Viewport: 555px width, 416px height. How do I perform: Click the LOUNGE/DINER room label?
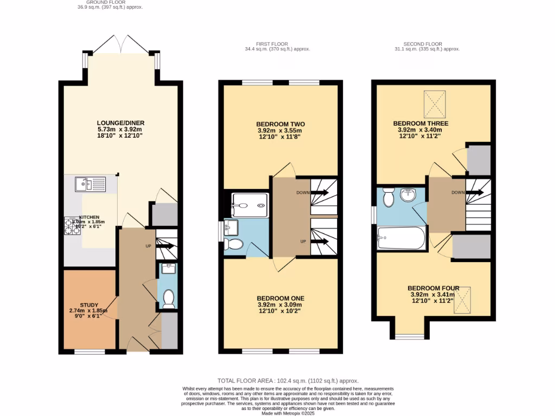[x=121, y=123]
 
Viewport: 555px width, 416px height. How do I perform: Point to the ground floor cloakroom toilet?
[x=169, y=298]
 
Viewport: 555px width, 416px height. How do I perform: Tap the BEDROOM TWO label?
[x=281, y=123]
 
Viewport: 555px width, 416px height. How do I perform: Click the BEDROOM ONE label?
[x=280, y=298]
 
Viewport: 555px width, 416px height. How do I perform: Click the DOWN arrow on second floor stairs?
[x=475, y=192]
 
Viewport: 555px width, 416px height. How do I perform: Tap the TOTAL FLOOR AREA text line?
[x=288, y=381]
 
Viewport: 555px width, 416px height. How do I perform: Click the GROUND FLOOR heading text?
[x=109, y=2]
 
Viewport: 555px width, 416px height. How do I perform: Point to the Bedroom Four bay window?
[x=410, y=336]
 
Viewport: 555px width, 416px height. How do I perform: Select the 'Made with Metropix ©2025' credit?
[x=288, y=413]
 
